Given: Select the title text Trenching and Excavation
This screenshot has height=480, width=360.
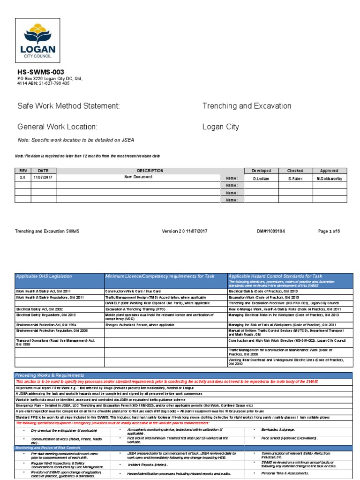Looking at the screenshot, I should (247, 106).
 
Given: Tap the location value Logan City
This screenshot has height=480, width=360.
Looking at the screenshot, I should (220, 127).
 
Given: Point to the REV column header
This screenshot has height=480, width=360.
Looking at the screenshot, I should (23, 171).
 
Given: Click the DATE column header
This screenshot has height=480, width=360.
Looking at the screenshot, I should (43, 171).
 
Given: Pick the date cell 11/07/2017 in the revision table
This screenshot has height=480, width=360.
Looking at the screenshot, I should (43, 178).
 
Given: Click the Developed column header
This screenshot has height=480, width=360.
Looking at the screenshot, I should (262, 171).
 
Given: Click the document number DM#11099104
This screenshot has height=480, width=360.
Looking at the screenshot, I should (270, 231).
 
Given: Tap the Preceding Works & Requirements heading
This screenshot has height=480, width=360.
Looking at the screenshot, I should (50, 375).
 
